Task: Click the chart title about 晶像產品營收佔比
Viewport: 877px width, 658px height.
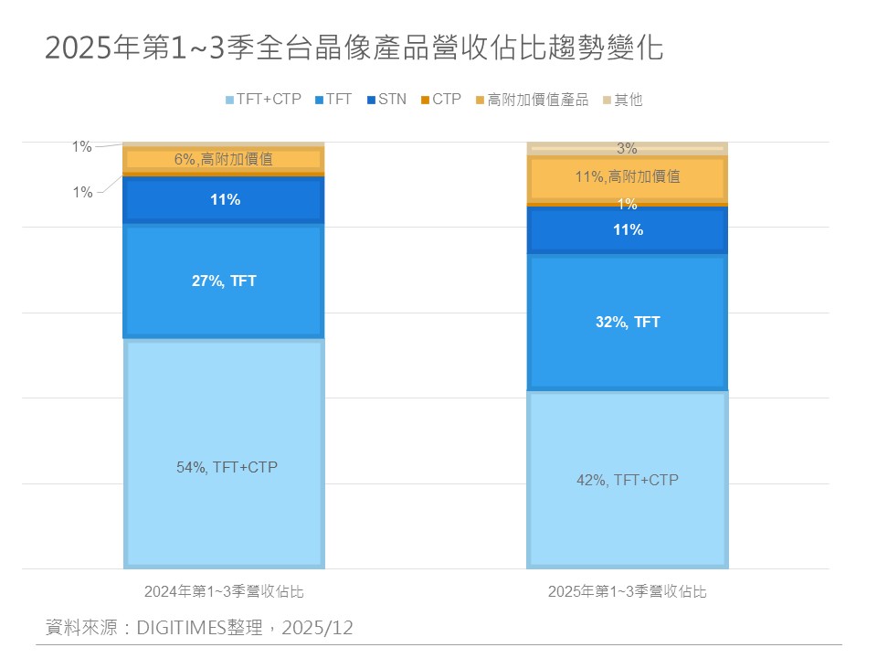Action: pyautogui.click(x=354, y=48)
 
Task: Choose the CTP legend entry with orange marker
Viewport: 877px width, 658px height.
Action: pyautogui.click(x=440, y=100)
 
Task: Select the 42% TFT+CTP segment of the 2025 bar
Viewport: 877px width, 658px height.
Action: pyautogui.click(x=628, y=479)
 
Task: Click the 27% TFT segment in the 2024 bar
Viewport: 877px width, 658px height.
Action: pyautogui.click(x=223, y=281)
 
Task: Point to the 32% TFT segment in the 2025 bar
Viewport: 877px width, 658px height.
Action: pyautogui.click(x=628, y=322)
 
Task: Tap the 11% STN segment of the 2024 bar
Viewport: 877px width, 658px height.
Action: pyautogui.click(x=223, y=199)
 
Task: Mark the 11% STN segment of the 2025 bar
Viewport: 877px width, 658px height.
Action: pyautogui.click(x=628, y=230)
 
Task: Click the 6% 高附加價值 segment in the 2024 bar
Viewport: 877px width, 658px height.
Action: pyautogui.click(x=223, y=159)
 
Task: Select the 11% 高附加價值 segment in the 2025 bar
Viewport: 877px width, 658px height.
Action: pyautogui.click(x=628, y=177)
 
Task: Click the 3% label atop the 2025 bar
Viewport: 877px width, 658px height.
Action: pyautogui.click(x=628, y=148)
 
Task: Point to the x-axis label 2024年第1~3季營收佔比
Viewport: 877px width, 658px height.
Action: pyautogui.click(x=223, y=591)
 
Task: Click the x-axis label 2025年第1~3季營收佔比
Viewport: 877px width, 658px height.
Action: pyautogui.click(x=628, y=591)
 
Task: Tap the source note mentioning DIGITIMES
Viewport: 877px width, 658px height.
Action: pyautogui.click(x=199, y=628)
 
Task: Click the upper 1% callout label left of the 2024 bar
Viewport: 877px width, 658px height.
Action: pyautogui.click(x=82, y=147)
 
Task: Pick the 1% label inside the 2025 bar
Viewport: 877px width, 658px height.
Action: pyautogui.click(x=628, y=205)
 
